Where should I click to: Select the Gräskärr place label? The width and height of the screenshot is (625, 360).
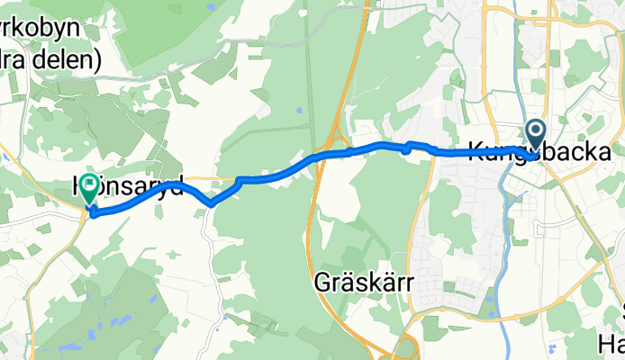tap(363, 283)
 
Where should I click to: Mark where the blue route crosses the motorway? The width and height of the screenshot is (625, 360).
tap(325, 156)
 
